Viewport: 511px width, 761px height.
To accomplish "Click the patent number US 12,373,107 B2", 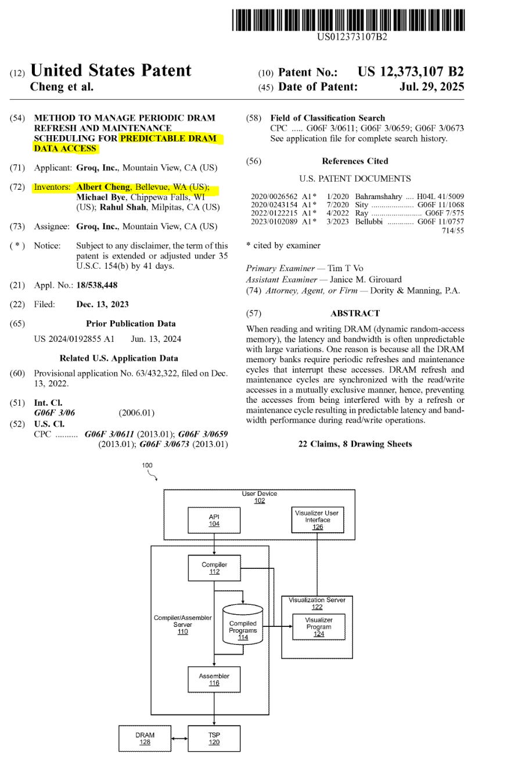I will tap(411, 71).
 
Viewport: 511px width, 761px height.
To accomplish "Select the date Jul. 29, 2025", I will tap(432, 86).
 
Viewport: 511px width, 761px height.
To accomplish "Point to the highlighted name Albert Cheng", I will tap(103, 187).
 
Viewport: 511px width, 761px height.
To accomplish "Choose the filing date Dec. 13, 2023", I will tap(102, 304).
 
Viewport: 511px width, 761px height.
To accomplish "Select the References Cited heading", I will tap(355, 161).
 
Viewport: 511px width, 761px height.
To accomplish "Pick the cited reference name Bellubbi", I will tap(369, 221).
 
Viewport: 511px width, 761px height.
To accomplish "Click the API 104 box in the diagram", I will tap(214, 520).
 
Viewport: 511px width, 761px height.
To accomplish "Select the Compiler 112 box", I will tap(214, 568).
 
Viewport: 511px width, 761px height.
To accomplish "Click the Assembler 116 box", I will tap(214, 679).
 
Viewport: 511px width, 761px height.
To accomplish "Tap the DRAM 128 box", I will tap(145, 738).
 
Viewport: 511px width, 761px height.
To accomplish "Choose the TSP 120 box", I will tap(214, 738).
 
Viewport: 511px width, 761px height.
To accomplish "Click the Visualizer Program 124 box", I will tap(319, 626).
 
